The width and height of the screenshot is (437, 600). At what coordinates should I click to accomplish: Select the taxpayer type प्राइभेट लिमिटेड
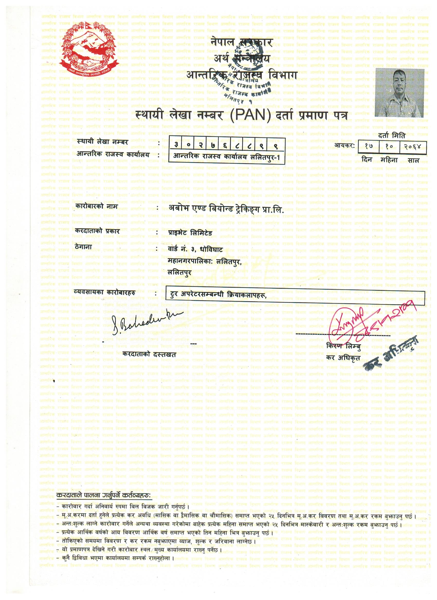click(x=190, y=233)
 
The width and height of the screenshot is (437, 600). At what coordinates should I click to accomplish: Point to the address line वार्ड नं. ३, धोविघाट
click(x=196, y=249)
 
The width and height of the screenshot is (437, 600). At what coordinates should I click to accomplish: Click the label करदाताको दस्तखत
click(x=149, y=355)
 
